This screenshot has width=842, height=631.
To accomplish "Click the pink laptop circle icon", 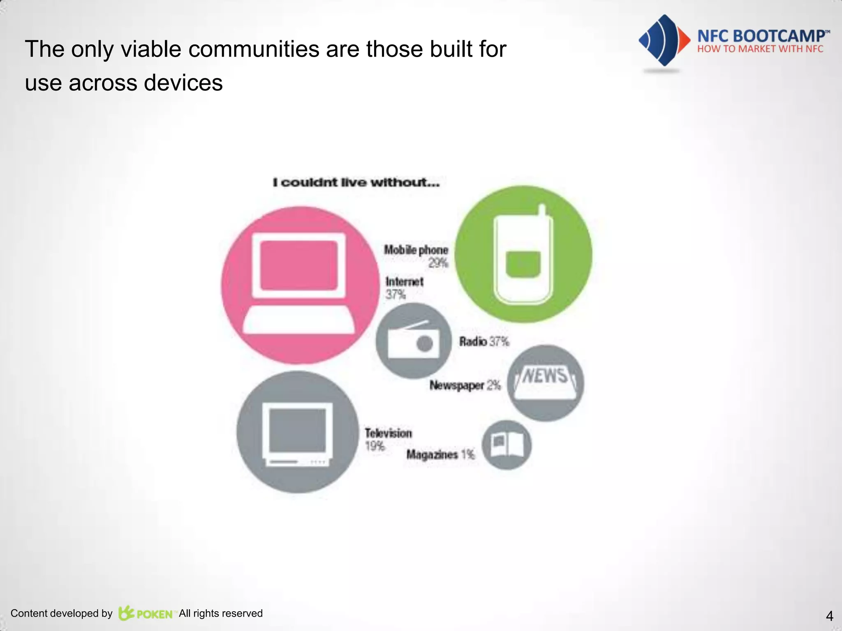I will (x=300, y=285).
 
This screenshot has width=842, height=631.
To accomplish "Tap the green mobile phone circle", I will (x=523, y=254).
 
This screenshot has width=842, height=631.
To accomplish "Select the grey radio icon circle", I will (x=413, y=341).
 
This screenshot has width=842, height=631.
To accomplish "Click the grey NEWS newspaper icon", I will (x=546, y=383).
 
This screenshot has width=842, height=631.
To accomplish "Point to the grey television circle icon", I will (x=298, y=432).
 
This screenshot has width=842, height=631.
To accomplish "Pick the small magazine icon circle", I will (x=507, y=445).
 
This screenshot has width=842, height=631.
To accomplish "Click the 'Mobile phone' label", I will (x=416, y=250).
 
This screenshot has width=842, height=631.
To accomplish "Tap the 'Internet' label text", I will (x=405, y=282).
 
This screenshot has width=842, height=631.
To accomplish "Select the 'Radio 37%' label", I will (x=484, y=341).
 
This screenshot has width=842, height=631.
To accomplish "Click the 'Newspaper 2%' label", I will (x=465, y=385).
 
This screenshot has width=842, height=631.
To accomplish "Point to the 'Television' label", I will (x=389, y=433).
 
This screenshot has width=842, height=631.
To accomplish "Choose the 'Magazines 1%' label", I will (x=440, y=454).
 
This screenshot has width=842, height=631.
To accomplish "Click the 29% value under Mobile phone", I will (x=438, y=263).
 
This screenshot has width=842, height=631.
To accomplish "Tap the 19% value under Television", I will (x=375, y=446).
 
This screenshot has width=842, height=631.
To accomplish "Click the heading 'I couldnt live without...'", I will (x=356, y=182).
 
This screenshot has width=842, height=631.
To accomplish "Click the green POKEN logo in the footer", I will (x=146, y=613).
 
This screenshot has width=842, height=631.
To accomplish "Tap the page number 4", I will (x=829, y=616).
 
